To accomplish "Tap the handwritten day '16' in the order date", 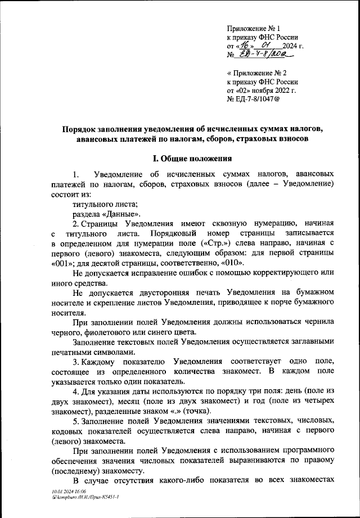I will [x=245, y=46].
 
